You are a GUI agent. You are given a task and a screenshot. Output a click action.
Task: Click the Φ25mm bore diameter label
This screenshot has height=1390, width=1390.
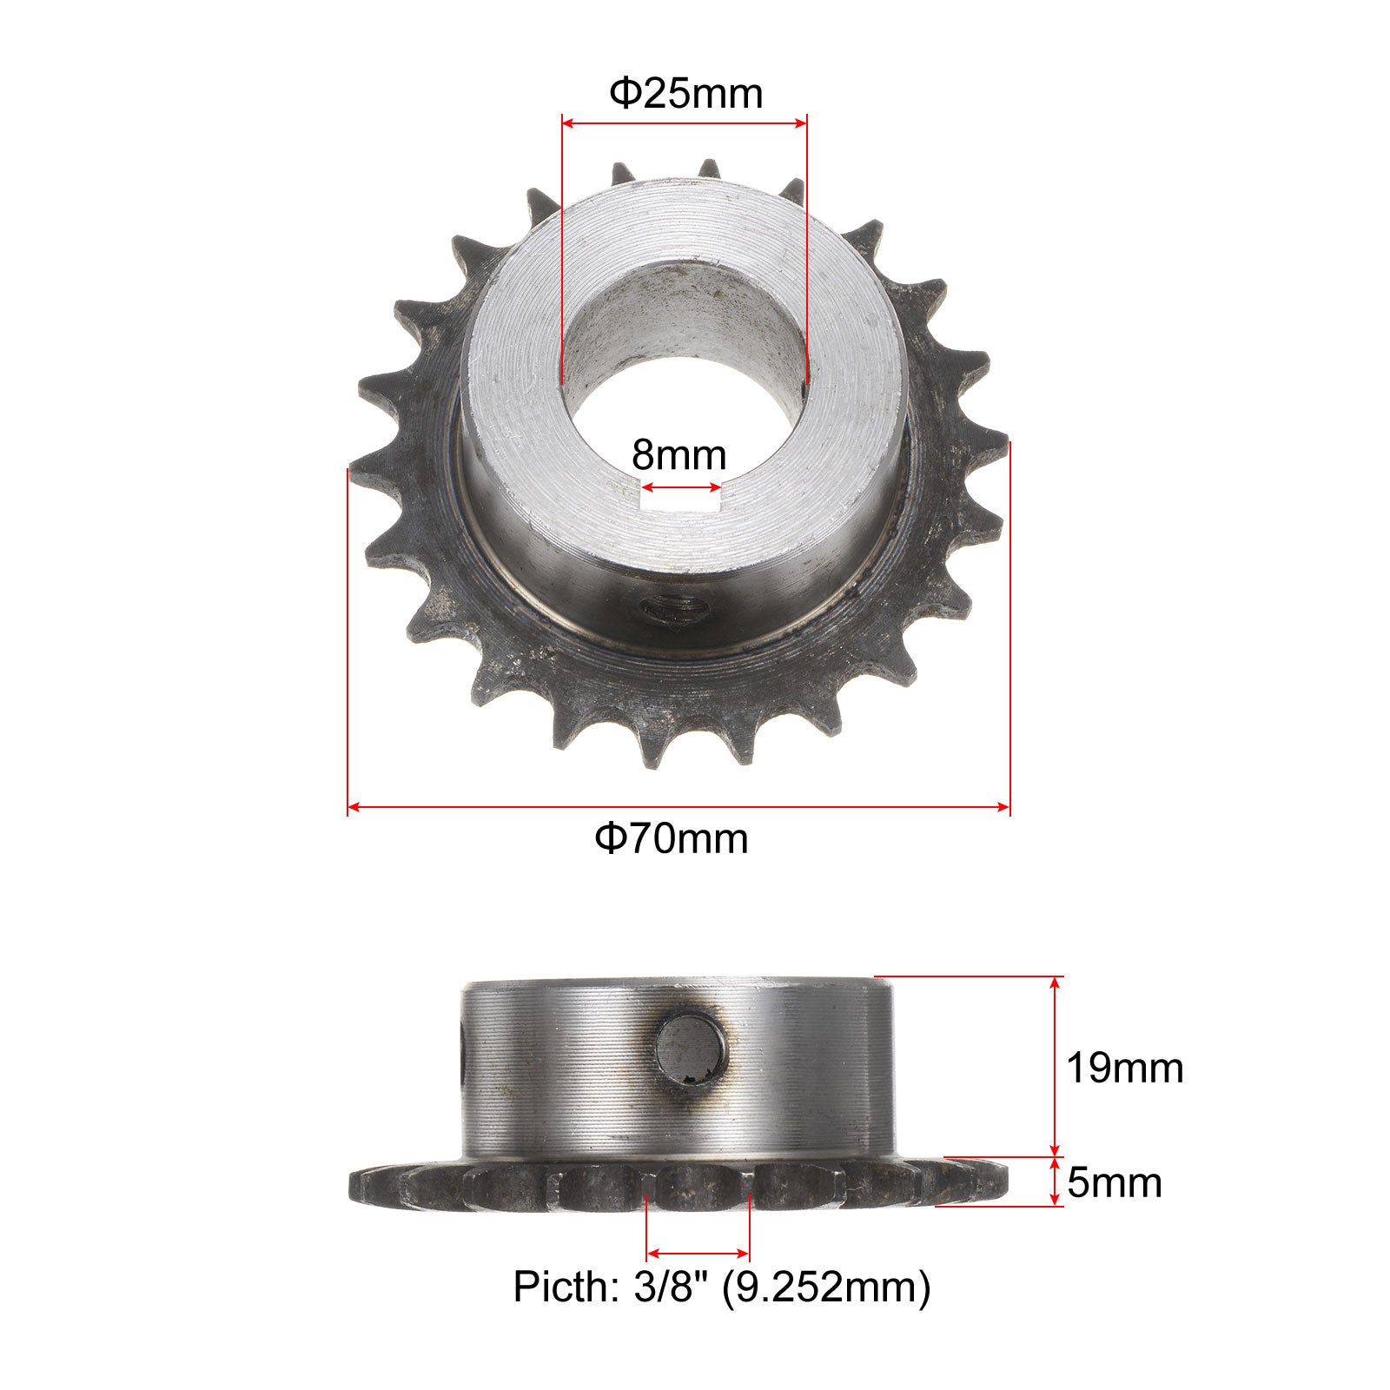pos(685,93)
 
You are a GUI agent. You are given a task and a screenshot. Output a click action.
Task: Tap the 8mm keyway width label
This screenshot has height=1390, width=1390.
pos(678,454)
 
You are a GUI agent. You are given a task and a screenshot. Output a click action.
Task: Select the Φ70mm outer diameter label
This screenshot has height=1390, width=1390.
pos(672,838)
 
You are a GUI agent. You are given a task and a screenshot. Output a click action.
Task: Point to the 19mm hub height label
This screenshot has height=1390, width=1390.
pos(1125,1068)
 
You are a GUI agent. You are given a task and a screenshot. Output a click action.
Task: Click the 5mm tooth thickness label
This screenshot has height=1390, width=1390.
pos(1115,1182)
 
